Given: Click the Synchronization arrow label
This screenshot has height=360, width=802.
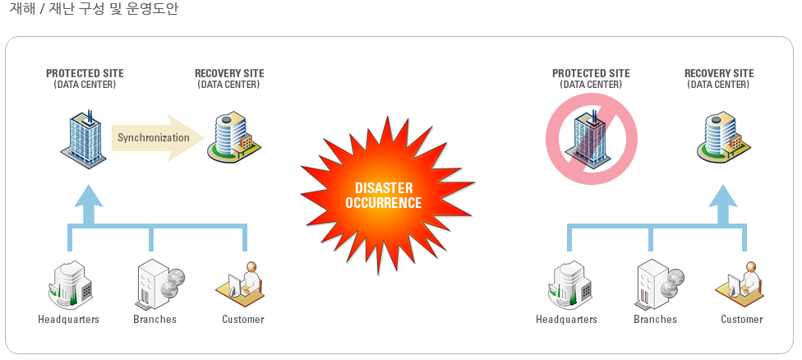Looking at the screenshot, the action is tap(154, 137).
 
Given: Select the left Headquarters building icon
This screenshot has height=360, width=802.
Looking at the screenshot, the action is tap(68, 284).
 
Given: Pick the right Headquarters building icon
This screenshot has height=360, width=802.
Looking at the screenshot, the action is tap(569, 284).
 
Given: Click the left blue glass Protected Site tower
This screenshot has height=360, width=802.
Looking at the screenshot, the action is tap(83, 139).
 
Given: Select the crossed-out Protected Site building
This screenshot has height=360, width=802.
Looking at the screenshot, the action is tap(591, 139).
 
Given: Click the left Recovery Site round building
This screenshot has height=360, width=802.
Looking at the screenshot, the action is tap(233, 137).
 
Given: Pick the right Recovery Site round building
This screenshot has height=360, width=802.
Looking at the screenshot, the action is tap(724, 137).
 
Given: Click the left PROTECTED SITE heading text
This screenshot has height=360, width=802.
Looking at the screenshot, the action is tap(85, 74).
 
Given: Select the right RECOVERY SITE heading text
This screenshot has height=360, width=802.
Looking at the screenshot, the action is tap(719, 74).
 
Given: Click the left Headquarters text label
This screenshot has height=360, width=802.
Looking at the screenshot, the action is tap(68, 320).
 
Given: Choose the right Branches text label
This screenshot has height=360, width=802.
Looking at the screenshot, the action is tap(655, 320).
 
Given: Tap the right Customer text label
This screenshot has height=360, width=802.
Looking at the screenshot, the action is tap(742, 320).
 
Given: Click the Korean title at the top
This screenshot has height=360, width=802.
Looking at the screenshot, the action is tap(94, 9).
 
